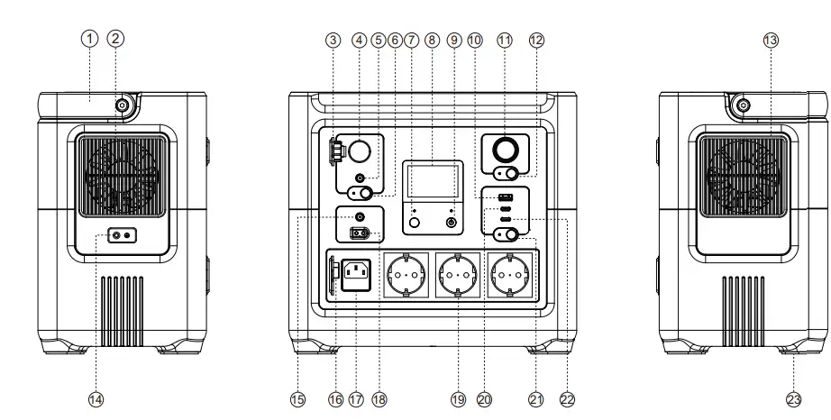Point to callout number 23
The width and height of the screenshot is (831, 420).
pos(794,398)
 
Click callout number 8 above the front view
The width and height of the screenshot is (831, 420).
pos(431,39)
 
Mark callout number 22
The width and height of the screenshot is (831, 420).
pos(567,398)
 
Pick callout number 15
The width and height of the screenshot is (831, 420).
pos(297,398)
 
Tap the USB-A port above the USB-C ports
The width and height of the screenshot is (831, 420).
pos(506,197)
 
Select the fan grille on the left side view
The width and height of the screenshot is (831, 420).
pos(120,177)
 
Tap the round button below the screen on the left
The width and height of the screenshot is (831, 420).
pos(415,222)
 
